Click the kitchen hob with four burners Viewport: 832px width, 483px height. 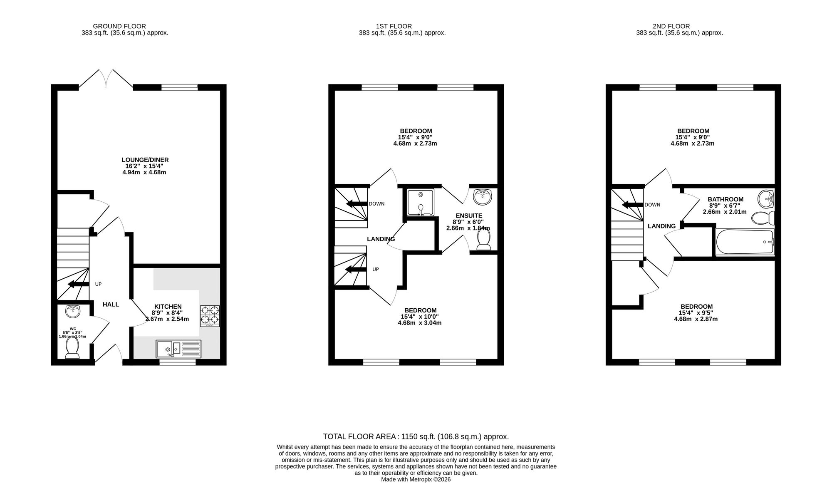click(210, 316)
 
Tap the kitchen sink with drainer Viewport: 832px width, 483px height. click(178, 349)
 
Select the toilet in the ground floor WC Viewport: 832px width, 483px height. click(72, 347)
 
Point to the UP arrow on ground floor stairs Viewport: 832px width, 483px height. click(78, 284)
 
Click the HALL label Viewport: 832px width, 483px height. click(111, 305)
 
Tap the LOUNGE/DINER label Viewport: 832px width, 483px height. click(145, 160)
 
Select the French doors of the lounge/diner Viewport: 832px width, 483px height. click(106, 78)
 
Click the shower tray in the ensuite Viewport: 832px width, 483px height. click(421, 203)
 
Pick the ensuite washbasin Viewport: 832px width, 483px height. click(483, 196)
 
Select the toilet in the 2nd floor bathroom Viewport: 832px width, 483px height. click(763, 218)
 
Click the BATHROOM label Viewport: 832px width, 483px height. click(726, 199)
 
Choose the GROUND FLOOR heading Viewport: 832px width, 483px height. click(119, 26)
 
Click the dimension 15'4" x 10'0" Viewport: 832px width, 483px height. click(419, 317)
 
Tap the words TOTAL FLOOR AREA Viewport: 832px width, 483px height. click(360, 437)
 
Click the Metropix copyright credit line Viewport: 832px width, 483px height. click(416, 479)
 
